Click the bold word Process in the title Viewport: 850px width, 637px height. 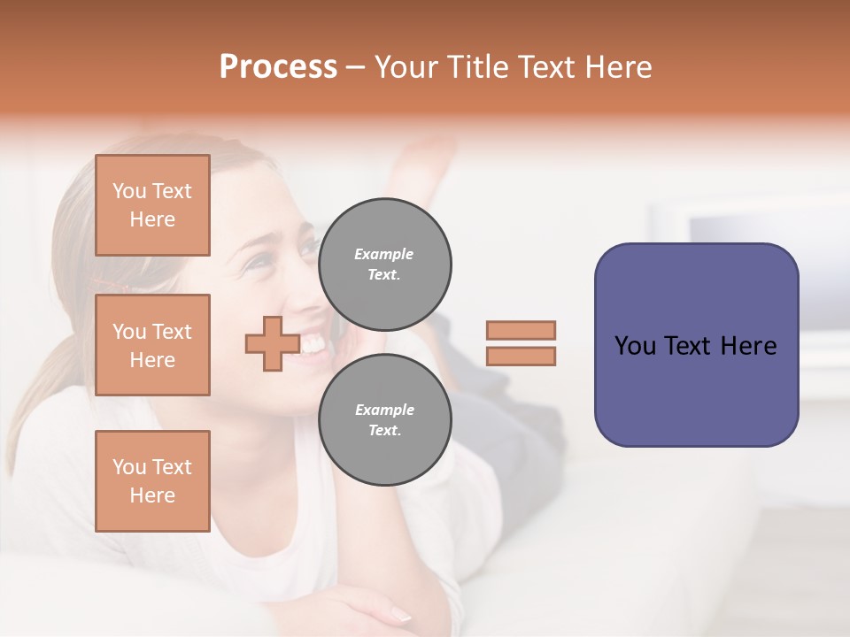pos(278,67)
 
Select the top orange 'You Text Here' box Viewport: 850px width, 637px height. pos(152,205)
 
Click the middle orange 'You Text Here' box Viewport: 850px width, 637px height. pos(152,345)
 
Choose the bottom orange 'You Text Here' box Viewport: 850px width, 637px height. pos(152,481)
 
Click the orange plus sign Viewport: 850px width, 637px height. pos(272,343)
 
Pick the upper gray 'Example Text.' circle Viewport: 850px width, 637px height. pos(385,265)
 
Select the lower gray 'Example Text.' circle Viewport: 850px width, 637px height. pos(385,420)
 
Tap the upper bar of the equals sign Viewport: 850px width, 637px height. pos(521,330)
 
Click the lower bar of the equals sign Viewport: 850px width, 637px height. pos(521,357)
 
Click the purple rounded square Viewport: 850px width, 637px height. pos(696,345)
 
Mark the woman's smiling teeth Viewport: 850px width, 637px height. pos(312,344)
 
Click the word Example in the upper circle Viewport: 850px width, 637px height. pos(383,255)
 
